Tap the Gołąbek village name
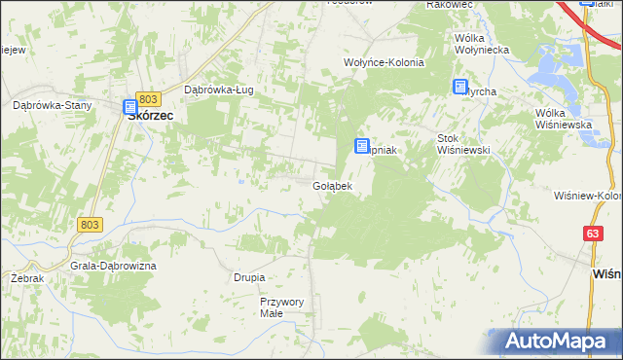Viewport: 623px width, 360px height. point(332,185)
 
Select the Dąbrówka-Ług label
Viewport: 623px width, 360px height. point(219,90)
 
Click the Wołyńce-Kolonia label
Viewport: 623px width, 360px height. point(385,62)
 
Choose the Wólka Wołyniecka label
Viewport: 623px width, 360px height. point(483,45)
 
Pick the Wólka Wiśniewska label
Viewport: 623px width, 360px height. point(565,120)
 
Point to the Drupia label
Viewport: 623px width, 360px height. point(249,277)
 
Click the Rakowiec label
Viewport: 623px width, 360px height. point(450,5)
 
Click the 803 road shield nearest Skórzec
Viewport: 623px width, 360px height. point(148,99)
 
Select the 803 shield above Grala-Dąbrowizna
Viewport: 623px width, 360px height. point(89,225)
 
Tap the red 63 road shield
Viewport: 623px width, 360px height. point(593,234)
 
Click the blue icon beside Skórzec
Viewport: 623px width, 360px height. point(130,108)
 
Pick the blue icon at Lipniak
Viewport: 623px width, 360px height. point(360,147)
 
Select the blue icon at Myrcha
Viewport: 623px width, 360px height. point(460,87)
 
